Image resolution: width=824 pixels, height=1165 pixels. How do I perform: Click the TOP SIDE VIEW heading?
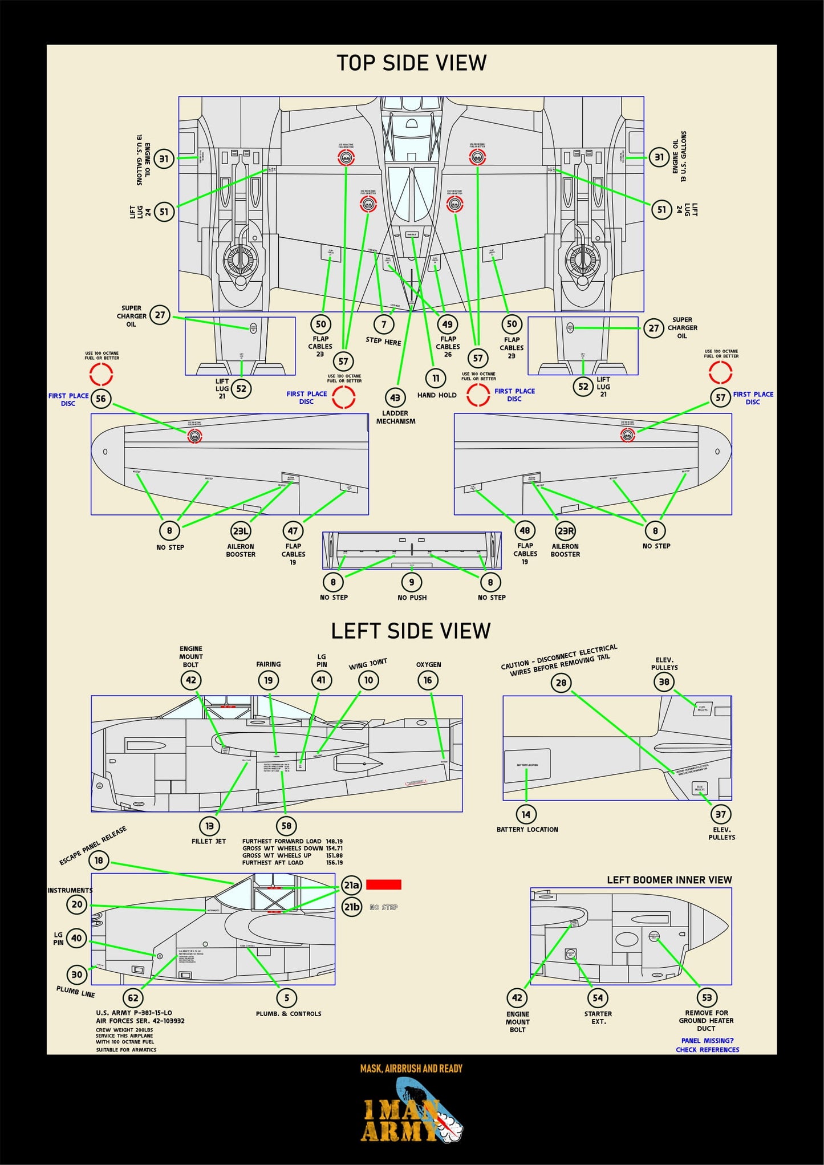point(411,63)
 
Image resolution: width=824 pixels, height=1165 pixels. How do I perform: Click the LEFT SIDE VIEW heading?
point(411,631)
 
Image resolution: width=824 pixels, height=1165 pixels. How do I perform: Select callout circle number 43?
point(395,397)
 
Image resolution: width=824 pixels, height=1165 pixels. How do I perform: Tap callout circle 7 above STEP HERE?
point(384,324)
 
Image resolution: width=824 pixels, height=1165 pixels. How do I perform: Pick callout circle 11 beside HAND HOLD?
point(436,378)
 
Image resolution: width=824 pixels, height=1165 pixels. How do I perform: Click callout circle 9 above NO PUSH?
point(412,582)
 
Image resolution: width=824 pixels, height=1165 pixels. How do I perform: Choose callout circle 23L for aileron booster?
point(241,531)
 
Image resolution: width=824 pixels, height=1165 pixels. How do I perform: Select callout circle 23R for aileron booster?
point(565,531)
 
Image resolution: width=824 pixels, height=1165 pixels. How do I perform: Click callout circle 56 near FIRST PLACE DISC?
point(101,399)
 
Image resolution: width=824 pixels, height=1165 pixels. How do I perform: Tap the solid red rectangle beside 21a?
point(383,884)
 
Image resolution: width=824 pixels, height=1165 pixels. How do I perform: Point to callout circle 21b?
point(352,907)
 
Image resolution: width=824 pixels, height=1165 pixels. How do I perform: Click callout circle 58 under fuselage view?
point(286,826)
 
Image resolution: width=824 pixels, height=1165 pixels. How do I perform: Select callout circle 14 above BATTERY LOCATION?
point(526,814)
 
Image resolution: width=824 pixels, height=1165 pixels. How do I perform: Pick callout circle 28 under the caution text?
point(561,683)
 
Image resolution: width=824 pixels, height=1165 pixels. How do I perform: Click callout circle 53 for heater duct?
point(707,997)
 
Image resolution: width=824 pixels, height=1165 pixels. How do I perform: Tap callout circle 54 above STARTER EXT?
point(598,997)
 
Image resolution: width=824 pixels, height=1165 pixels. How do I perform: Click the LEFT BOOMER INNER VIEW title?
point(669,880)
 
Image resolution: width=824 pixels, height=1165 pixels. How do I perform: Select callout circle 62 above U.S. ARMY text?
point(133,998)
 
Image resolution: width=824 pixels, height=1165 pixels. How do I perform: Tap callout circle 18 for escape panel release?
point(99,860)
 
